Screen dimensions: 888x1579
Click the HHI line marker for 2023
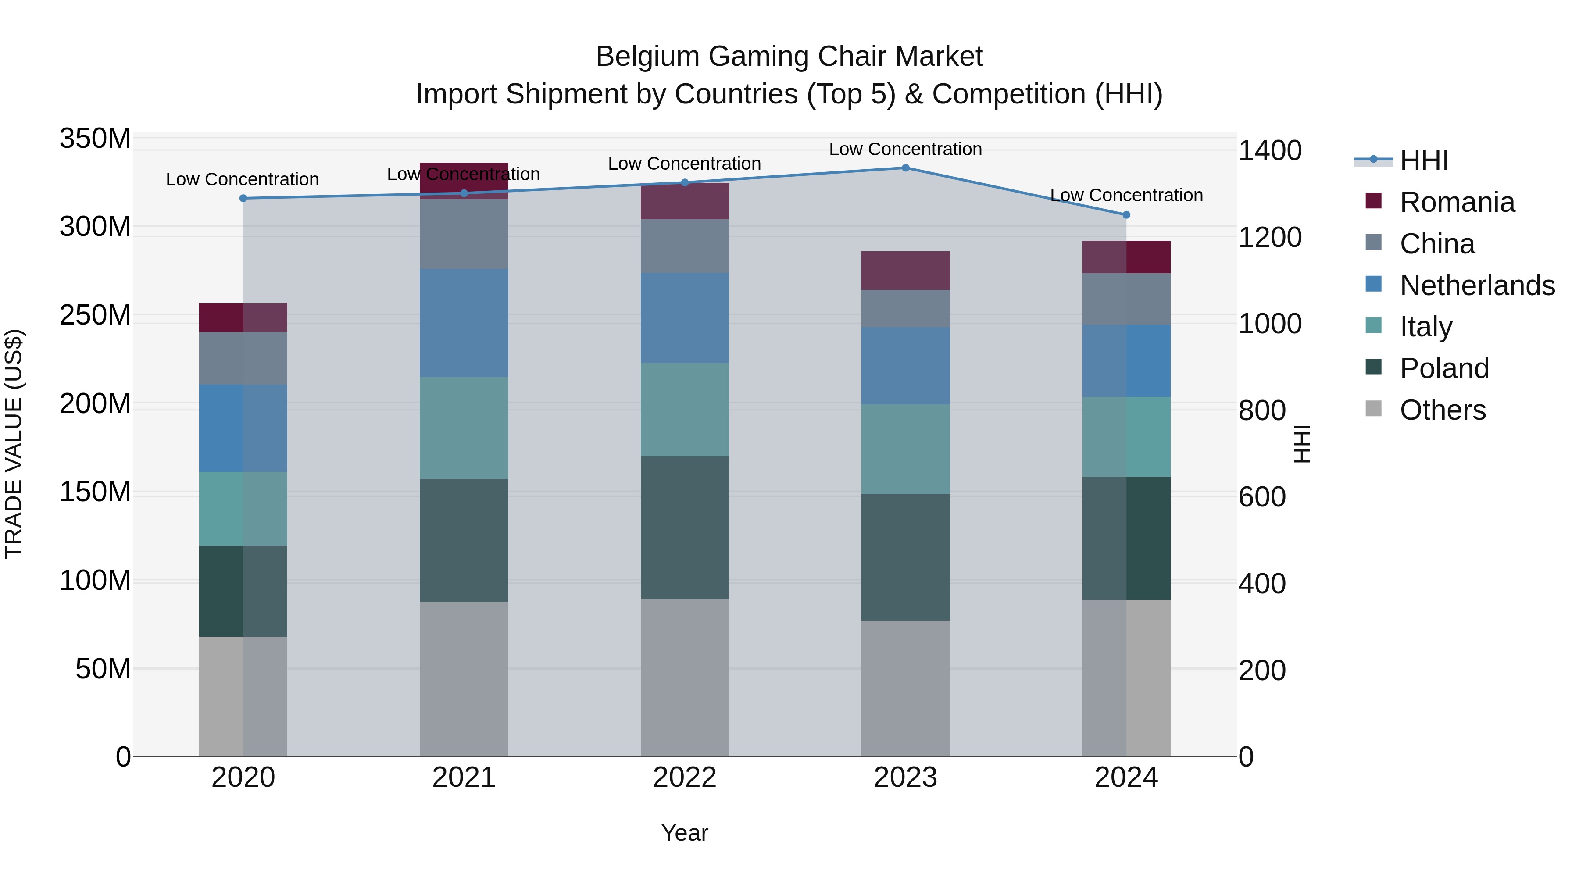(x=905, y=168)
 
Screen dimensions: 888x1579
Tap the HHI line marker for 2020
(x=243, y=198)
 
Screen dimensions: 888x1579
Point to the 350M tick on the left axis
(x=95, y=139)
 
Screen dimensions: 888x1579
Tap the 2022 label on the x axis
(x=685, y=777)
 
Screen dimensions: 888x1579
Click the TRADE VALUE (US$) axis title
(x=14, y=444)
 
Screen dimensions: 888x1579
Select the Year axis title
(x=685, y=833)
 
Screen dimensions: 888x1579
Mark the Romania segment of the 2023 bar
(x=905, y=270)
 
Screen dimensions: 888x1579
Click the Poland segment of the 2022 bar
(x=685, y=527)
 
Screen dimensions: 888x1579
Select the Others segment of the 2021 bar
(x=464, y=678)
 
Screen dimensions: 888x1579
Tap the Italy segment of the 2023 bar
(x=905, y=449)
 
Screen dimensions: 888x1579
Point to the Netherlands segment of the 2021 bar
(x=464, y=322)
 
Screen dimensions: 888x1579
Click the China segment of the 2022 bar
(x=685, y=246)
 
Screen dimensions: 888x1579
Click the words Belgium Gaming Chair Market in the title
(x=789, y=57)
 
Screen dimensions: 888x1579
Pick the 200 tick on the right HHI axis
(x=1261, y=670)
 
